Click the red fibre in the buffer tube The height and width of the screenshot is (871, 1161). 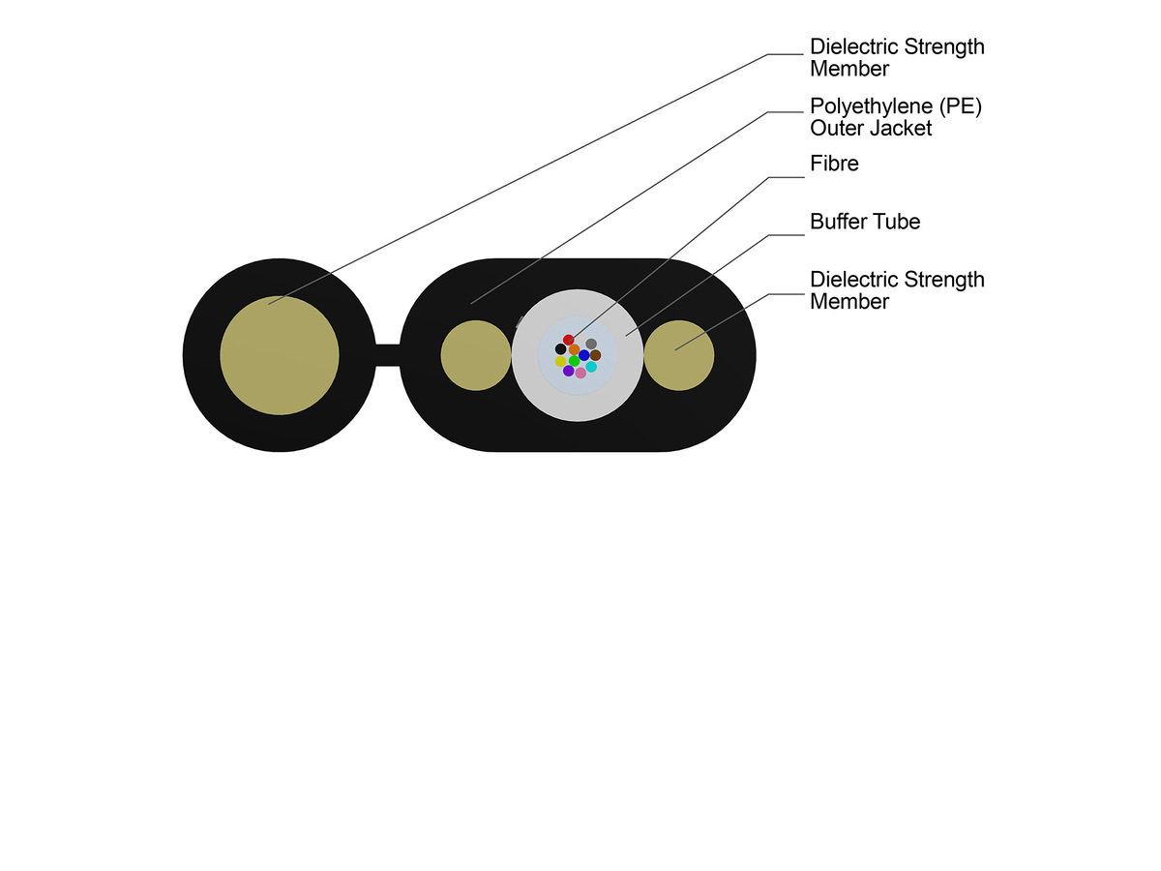point(569,340)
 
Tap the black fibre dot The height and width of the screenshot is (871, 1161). point(560,348)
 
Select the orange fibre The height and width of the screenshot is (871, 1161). point(574,348)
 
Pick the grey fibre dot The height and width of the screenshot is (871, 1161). point(591,344)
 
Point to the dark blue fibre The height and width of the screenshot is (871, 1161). point(584,355)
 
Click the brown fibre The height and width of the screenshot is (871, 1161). point(596,355)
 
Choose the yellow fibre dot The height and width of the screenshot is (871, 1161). point(560,361)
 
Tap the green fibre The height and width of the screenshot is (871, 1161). point(574,361)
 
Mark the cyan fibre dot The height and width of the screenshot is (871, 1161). point(591,367)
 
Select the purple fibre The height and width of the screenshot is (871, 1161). point(569,371)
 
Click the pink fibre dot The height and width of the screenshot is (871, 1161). point(580,373)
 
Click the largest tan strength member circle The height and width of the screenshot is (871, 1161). point(280,355)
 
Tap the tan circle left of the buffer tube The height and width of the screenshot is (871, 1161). point(476,355)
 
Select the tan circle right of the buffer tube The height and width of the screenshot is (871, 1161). point(679,355)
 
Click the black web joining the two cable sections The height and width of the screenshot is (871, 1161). point(387,355)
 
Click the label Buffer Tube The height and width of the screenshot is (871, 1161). point(864,222)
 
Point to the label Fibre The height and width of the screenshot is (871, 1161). point(834,164)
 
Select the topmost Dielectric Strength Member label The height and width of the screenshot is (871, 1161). point(896,57)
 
